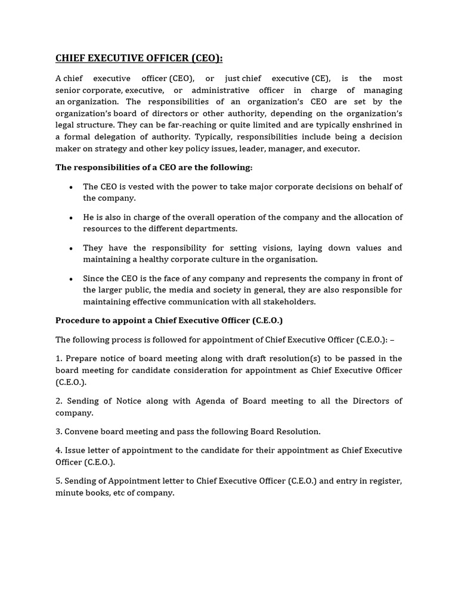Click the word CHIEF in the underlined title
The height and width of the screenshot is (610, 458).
coord(70,58)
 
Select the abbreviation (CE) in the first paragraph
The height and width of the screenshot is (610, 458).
coord(319,79)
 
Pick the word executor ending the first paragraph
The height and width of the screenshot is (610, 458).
coord(341,149)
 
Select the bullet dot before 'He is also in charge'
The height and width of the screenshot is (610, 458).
coord(71,217)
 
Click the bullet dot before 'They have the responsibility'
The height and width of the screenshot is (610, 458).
coord(71,248)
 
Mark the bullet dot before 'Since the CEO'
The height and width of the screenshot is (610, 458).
coord(71,279)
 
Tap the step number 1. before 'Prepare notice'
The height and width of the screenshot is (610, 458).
coord(59,359)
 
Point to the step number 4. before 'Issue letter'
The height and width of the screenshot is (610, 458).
coord(59,450)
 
